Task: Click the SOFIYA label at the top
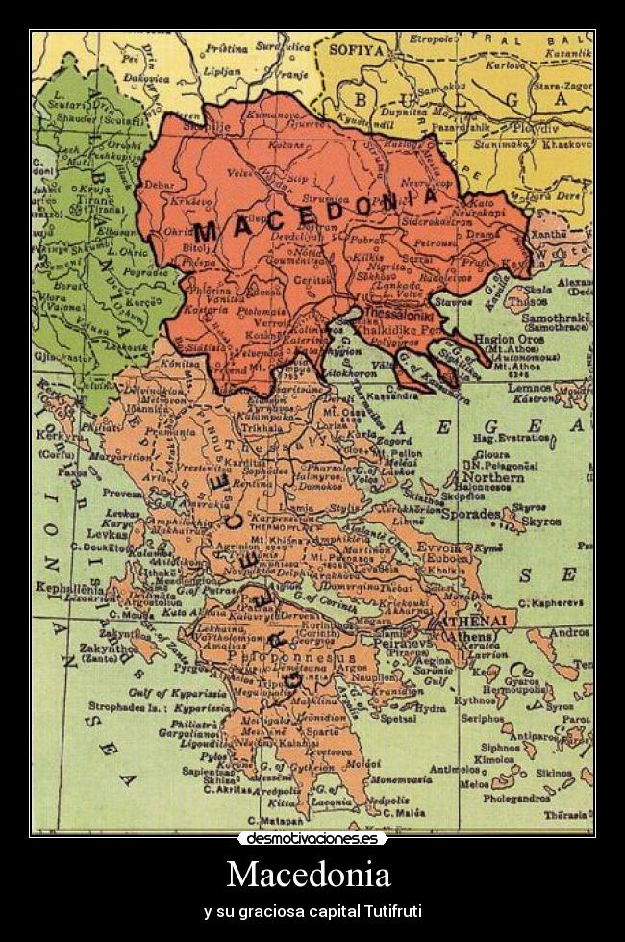358,48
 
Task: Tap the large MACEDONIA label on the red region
316,213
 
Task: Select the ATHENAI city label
474,622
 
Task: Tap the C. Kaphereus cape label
551,602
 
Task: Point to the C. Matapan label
275,820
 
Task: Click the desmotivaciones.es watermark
312,839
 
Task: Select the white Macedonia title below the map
309,875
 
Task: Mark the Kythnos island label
475,700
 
